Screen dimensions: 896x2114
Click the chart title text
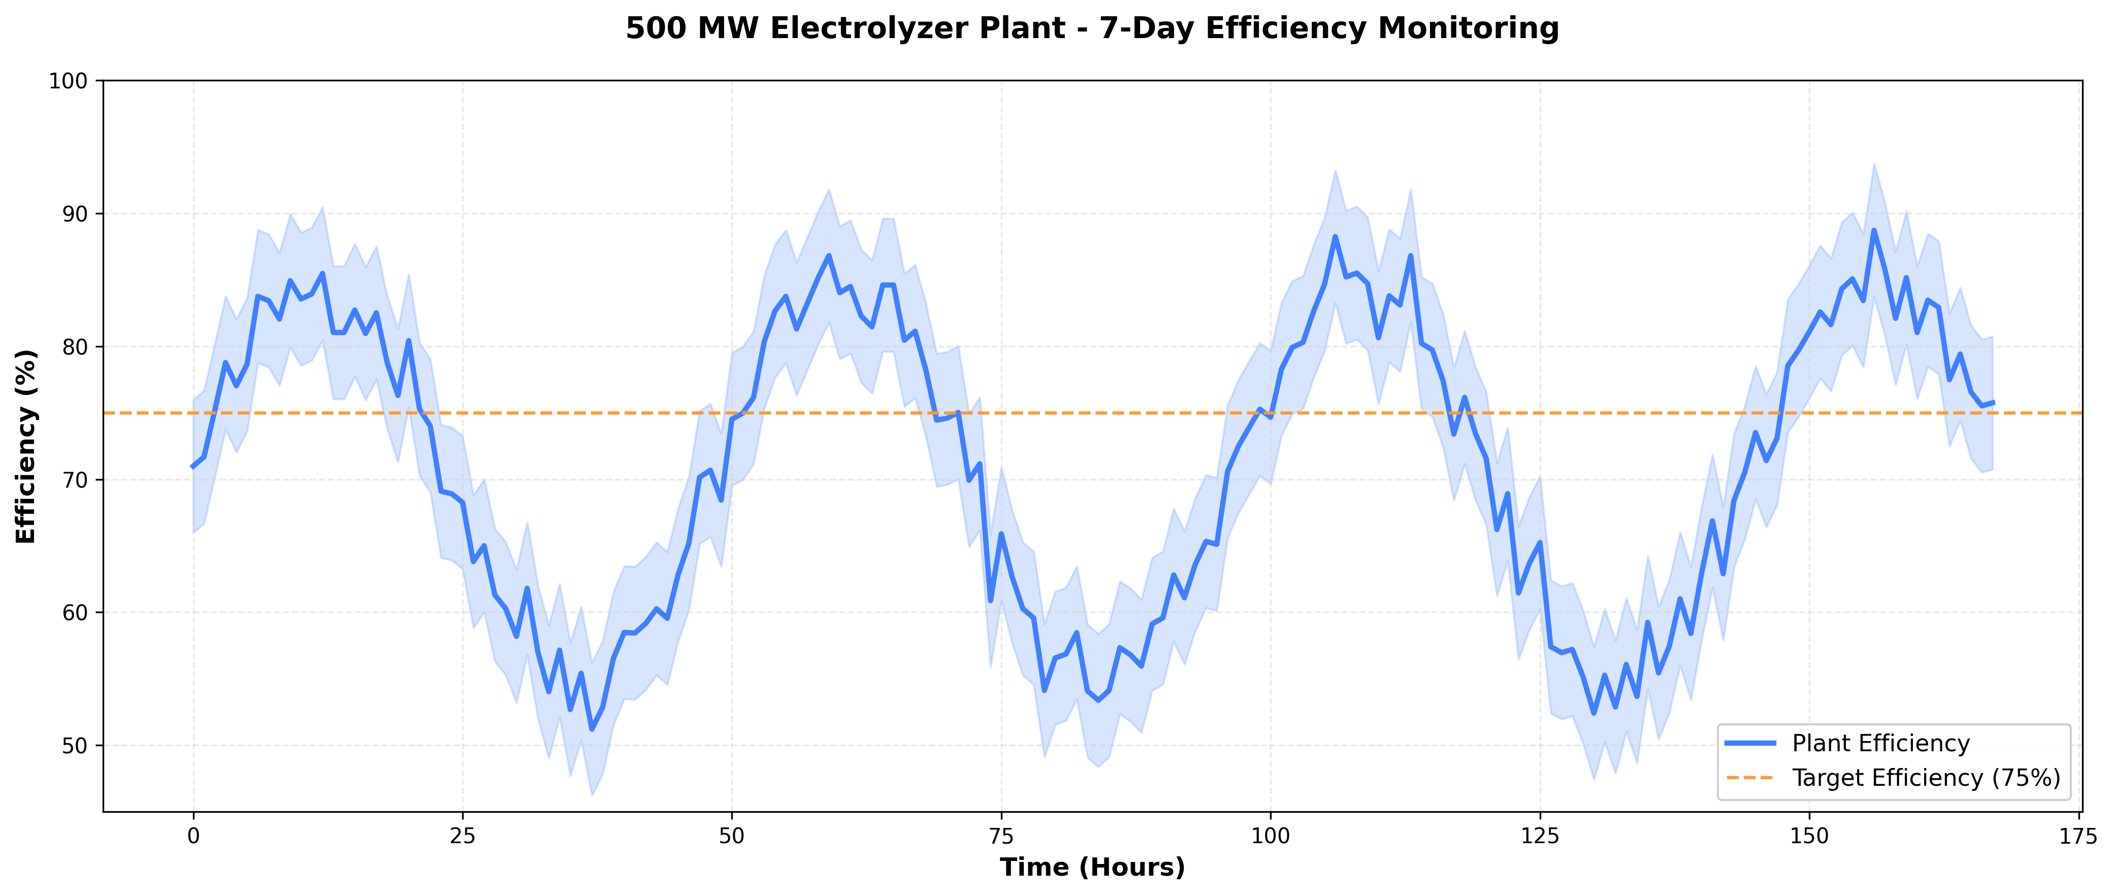[1091, 29]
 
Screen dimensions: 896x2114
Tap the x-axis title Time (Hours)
[1091, 867]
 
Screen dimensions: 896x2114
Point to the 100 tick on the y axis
[72, 81]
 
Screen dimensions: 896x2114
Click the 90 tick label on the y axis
[76, 214]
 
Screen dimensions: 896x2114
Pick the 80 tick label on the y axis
[76, 347]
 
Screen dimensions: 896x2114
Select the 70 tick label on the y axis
[76, 480]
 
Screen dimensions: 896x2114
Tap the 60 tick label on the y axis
[76, 613]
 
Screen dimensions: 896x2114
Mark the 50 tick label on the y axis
[76, 746]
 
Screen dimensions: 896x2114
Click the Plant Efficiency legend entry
[1880, 744]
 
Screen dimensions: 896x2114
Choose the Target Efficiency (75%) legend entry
[1925, 778]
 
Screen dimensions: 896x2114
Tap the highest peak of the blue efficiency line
[1873, 231]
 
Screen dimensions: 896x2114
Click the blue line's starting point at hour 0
[193, 467]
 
